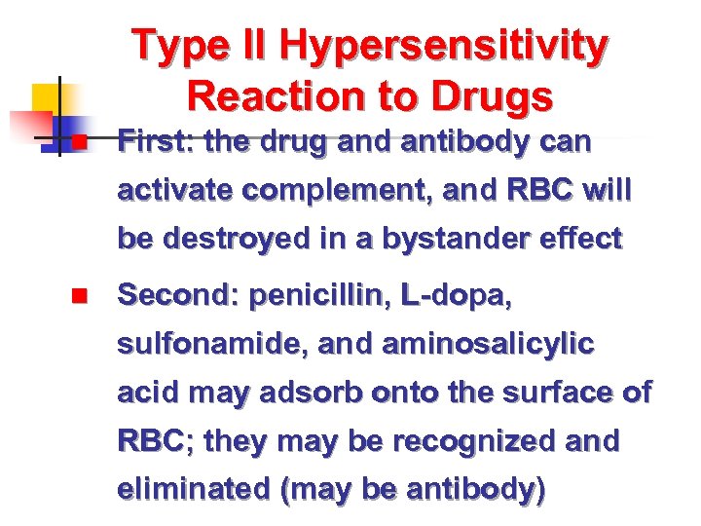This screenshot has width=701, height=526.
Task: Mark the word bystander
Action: [x=437, y=239]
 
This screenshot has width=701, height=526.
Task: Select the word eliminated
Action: [x=193, y=490]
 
